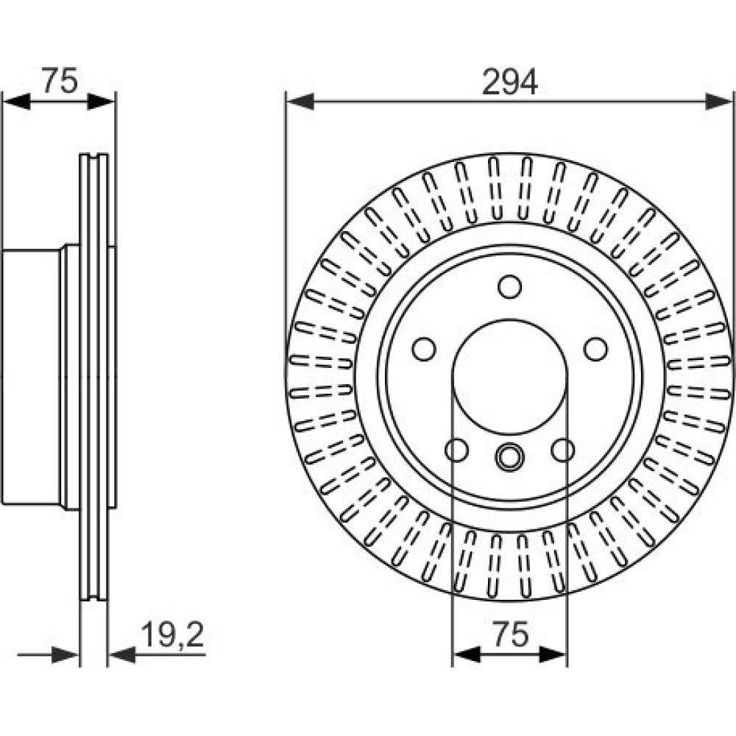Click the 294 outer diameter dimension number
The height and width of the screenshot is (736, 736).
coord(510,82)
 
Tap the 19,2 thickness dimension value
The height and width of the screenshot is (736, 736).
coord(172,635)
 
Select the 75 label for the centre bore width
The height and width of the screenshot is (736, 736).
coord(511,634)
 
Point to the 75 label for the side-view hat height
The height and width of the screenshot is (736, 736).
coord(60,80)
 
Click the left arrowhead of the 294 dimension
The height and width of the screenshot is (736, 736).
coord(300,102)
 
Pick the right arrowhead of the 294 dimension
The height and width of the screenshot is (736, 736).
coord(718,102)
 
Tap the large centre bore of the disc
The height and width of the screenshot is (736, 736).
coord(510,377)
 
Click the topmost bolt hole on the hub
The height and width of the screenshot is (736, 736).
coord(510,286)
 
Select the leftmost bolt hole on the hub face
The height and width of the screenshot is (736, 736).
coord(424,349)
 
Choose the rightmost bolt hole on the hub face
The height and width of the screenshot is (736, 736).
coord(595,349)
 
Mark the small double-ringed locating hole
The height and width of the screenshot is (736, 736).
coord(510,456)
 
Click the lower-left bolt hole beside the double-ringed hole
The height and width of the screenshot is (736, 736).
coord(456,450)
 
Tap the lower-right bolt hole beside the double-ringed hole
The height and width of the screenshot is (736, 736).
coord(563,450)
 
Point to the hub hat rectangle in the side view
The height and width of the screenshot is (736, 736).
coord(31,378)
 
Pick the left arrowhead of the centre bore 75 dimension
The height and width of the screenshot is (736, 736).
coord(467,654)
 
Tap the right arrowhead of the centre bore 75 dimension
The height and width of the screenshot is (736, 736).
coord(553,654)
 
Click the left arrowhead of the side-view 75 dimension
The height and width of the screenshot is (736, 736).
coord(16,102)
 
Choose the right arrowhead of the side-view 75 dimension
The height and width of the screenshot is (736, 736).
coord(101,102)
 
